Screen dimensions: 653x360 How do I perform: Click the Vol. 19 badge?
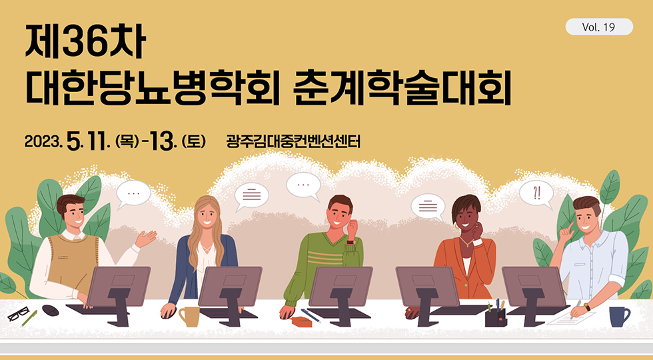pyautogui.click(x=599, y=27)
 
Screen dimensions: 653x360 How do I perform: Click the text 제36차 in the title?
pyautogui.click(x=85, y=42)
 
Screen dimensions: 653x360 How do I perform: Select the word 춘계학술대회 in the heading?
pyautogui.click(x=402, y=89)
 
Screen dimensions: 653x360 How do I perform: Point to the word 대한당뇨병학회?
pyautogui.click(x=153, y=89)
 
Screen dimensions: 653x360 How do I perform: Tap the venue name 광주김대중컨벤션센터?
pyautogui.click(x=293, y=141)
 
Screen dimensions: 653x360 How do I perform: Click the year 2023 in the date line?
pyautogui.click(x=43, y=141)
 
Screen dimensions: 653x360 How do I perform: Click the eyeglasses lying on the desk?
pyautogui.click(x=18, y=314)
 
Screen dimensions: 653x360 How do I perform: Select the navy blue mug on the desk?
pyautogui.click(x=619, y=317)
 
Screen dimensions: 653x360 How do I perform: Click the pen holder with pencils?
pyautogui.click(x=496, y=313)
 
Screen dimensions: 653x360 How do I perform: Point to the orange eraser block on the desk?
pyautogui.click(x=301, y=321)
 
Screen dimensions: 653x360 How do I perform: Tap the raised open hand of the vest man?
pyautogui.click(x=145, y=239)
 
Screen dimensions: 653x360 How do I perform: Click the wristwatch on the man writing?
pyautogui.click(x=587, y=307)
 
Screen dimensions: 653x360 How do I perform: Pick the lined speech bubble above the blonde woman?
pyautogui.click(x=252, y=195)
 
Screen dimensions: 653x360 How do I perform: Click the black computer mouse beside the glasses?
pyautogui.click(x=51, y=311)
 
